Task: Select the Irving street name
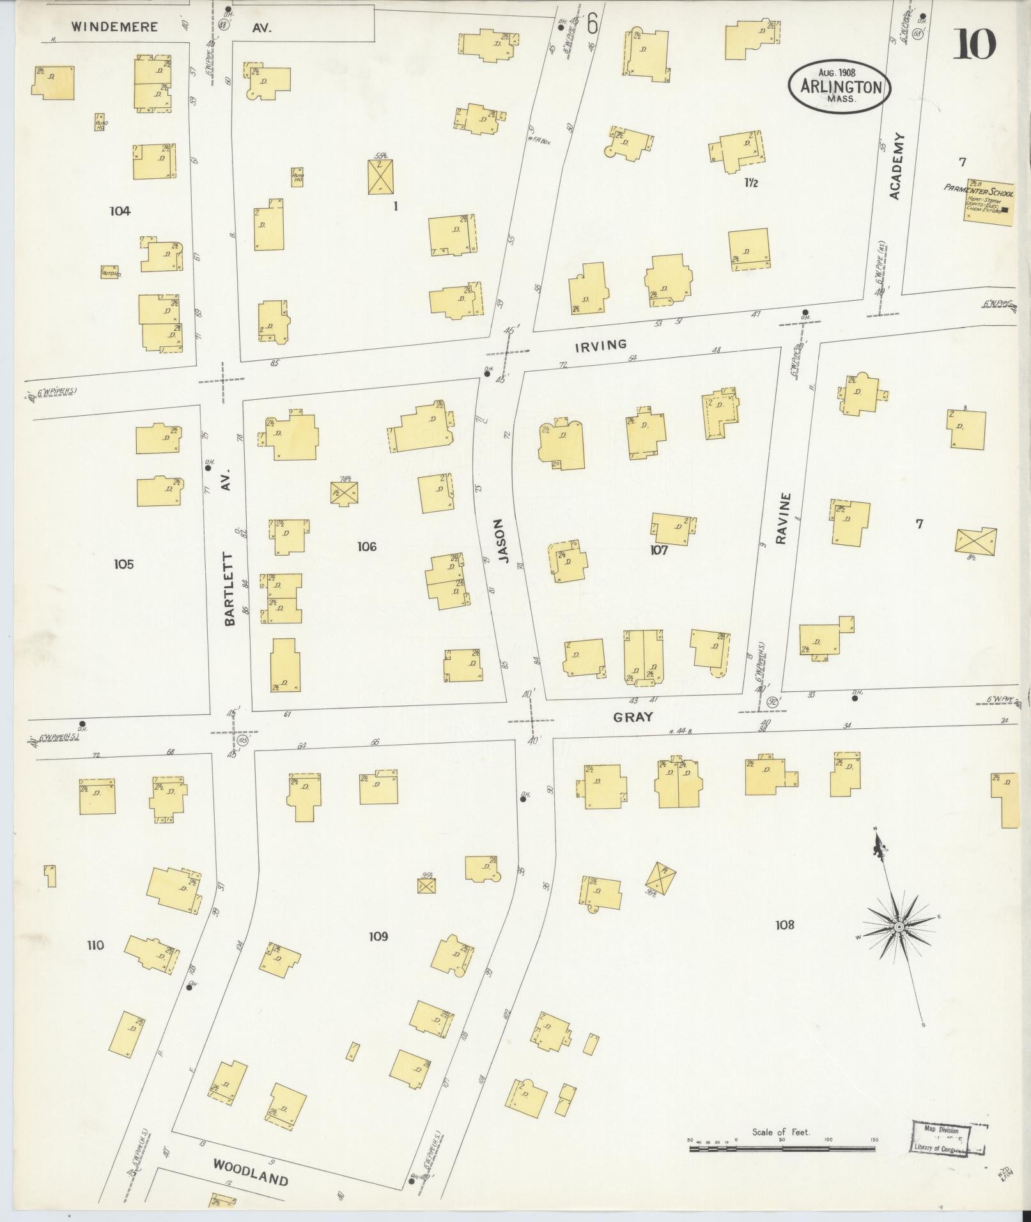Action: tap(600, 345)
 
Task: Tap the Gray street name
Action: tap(633, 717)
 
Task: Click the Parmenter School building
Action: tap(988, 202)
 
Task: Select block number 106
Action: tap(367, 546)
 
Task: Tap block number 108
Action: tap(784, 924)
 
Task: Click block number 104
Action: tap(120, 211)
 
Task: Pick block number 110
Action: tap(95, 945)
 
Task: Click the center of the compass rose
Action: tap(897, 926)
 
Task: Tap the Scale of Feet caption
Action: tap(780, 1132)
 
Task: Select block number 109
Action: tap(378, 936)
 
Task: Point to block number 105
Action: tap(123, 564)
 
